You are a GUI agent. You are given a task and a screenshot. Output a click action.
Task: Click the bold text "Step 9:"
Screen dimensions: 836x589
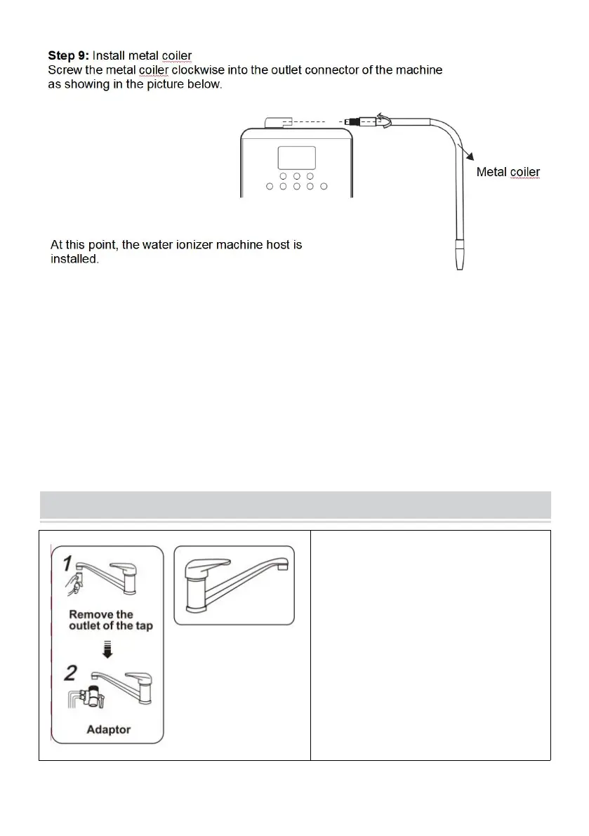coord(68,54)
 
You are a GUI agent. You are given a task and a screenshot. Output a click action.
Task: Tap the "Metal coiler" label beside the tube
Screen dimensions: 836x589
coord(508,171)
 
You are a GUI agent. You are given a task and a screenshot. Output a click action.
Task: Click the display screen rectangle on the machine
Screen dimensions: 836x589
coord(297,157)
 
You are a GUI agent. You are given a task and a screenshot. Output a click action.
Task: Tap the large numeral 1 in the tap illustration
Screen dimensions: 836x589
coord(65,563)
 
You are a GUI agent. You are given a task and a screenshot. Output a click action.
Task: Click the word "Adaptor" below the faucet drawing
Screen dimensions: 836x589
coord(108,729)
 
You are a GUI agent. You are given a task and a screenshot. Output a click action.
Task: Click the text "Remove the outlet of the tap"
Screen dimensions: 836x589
coord(110,620)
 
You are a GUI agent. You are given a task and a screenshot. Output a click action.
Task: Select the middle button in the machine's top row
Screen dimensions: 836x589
coord(297,176)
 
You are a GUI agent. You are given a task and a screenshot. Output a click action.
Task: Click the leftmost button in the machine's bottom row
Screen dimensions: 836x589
coord(270,187)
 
